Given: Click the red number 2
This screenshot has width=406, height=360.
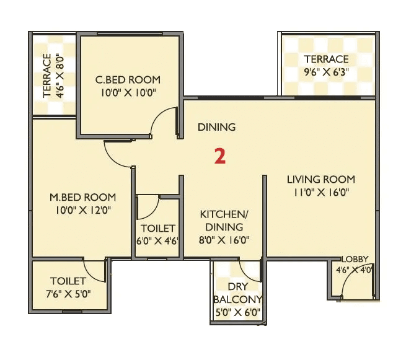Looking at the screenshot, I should [219, 156].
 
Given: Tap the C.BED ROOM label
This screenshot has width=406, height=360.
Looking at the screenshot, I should [128, 79].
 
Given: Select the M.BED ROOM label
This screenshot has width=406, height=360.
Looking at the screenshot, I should [83, 197].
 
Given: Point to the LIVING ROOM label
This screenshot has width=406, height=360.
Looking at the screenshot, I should [320, 179].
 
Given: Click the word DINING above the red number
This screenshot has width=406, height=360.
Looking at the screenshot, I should [216, 127].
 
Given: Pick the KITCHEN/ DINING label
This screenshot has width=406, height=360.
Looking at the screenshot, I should [224, 221].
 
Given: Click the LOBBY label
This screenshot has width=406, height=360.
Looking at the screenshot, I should [355, 259].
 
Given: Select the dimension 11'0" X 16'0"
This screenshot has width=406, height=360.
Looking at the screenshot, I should [320, 192].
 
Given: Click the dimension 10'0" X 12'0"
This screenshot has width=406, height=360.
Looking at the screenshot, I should [83, 210].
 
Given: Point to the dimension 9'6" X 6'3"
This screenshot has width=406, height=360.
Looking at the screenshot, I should [326, 72].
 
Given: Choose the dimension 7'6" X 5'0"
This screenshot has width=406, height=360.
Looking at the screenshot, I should [68, 294].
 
